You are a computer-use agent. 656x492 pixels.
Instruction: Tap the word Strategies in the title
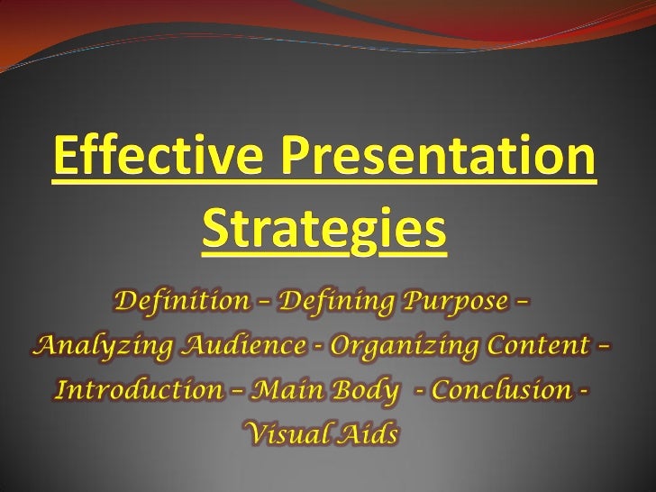(x=323, y=232)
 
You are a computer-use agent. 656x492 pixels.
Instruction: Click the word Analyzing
(x=88, y=347)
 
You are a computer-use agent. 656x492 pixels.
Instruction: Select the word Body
(x=356, y=392)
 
